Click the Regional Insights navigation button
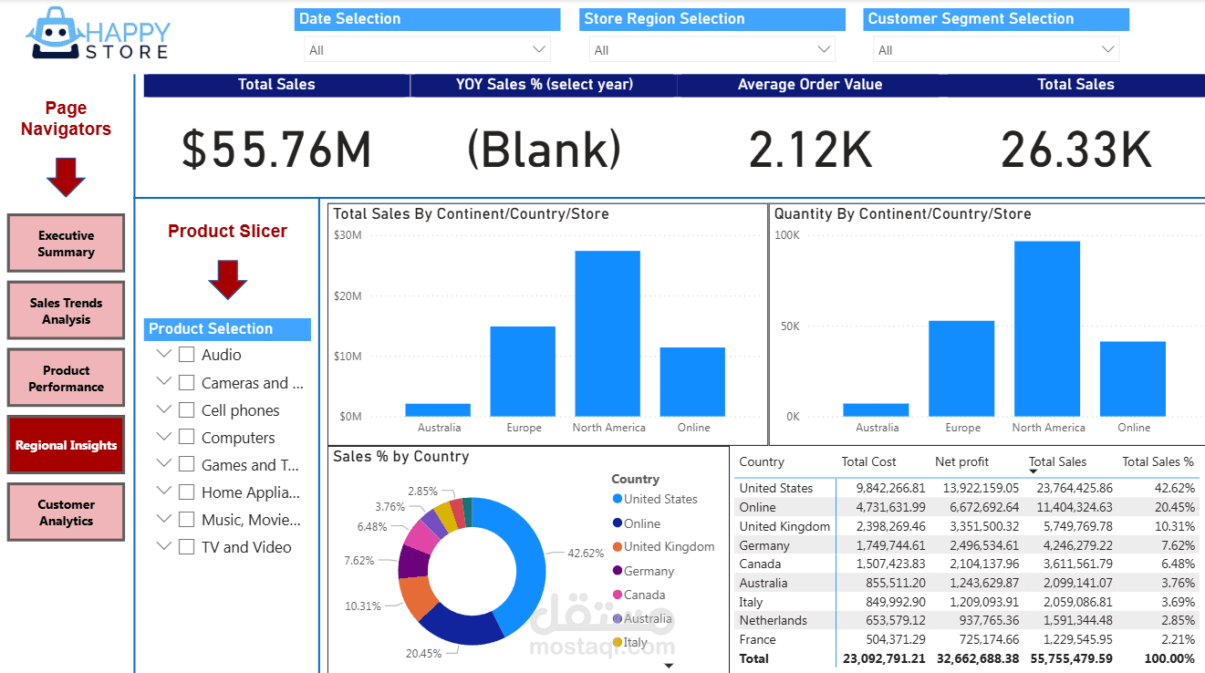pos(66,445)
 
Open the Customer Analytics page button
pos(66,513)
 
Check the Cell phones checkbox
pos(186,409)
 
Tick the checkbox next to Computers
pos(186,437)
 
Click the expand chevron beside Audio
pos(164,354)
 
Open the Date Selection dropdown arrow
pos(538,49)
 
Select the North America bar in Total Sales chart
pos(608,333)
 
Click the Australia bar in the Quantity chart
pos(876,409)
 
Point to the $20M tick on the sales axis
pos(348,295)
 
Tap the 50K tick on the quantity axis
pos(786,326)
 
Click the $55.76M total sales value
pos(276,150)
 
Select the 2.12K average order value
pos(810,150)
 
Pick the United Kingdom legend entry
pos(669,546)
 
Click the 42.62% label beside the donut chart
pos(586,553)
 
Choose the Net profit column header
pos(961,461)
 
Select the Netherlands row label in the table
pos(773,620)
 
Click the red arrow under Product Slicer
pos(228,279)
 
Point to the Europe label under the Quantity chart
pos(962,428)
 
